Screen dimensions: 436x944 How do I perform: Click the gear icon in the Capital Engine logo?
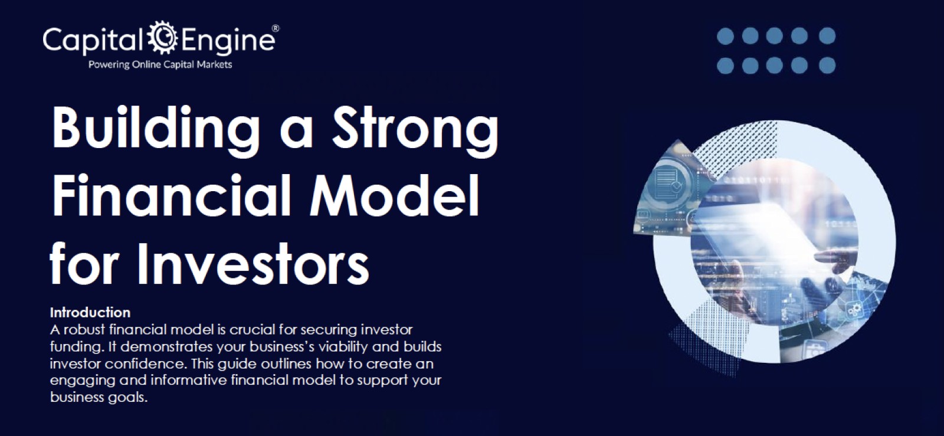pyautogui.click(x=162, y=38)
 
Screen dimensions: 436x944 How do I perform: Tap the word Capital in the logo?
pyautogui.click(x=93, y=40)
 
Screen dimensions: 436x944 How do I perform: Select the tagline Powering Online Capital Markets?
pyautogui.click(x=160, y=64)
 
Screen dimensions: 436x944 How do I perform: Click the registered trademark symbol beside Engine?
pyautogui.click(x=275, y=28)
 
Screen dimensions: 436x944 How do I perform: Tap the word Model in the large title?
pyautogui.click(x=394, y=195)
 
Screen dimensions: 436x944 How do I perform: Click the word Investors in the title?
pyautogui.click(x=253, y=262)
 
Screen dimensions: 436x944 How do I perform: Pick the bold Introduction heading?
pyautogui.click(x=90, y=312)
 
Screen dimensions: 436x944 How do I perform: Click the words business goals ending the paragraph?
pyautogui.click(x=98, y=397)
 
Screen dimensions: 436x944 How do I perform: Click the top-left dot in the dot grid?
pyautogui.click(x=725, y=37)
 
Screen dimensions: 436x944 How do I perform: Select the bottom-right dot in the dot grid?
pyautogui.click(x=827, y=65)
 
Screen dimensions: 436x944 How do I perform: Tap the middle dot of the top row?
pyautogui.click(x=775, y=37)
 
